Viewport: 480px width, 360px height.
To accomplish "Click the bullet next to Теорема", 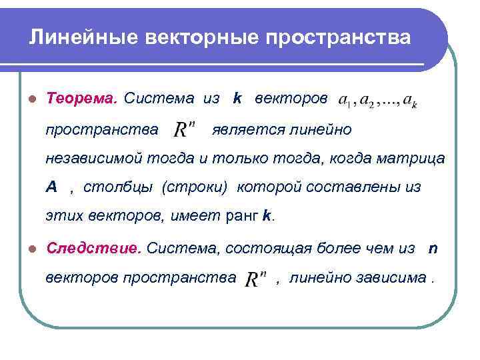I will pos(31,100).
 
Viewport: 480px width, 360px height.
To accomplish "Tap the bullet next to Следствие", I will pos(31,249).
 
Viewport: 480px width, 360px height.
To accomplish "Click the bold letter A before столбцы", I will pos(51,187).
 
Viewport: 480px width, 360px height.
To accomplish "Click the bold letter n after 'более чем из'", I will pos(433,249).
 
